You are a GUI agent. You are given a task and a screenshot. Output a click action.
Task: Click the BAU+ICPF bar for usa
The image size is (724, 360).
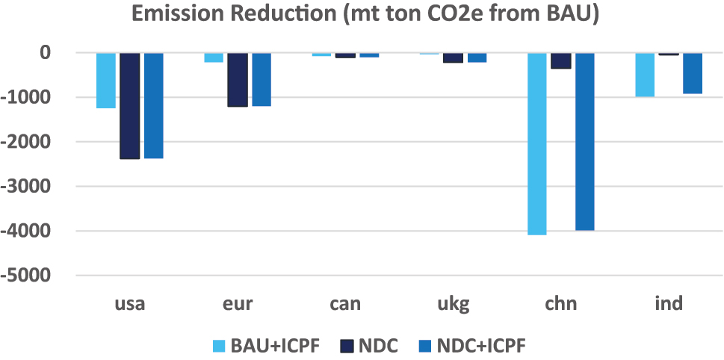pyautogui.click(x=106, y=81)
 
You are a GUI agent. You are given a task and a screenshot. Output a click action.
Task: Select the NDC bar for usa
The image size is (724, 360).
pyautogui.click(x=129, y=106)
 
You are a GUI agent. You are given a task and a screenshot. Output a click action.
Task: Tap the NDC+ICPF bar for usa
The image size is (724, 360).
pyautogui.click(x=154, y=105)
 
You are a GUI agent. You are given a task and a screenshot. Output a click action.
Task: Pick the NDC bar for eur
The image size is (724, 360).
pyautogui.click(x=237, y=80)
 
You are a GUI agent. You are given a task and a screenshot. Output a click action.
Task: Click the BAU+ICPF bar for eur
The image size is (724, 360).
pyautogui.click(x=214, y=58)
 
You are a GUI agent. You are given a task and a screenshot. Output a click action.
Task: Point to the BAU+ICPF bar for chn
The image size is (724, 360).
pyautogui.click(x=537, y=143)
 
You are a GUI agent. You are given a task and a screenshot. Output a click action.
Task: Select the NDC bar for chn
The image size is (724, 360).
pyautogui.click(x=561, y=60)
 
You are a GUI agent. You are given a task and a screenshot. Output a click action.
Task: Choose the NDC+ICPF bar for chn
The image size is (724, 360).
pyautogui.click(x=585, y=141)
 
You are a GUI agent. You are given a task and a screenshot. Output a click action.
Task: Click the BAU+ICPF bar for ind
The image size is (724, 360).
pyautogui.click(x=645, y=75)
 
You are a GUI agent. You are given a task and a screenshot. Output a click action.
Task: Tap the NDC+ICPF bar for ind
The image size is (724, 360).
pyautogui.click(x=693, y=73)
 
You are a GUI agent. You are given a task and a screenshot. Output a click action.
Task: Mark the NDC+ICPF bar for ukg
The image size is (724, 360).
pyautogui.click(x=477, y=58)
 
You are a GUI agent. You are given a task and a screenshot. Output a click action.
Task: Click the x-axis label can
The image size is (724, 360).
pyautogui.click(x=345, y=304)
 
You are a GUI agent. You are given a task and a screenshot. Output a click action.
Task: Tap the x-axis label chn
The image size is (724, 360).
pyautogui.click(x=561, y=304)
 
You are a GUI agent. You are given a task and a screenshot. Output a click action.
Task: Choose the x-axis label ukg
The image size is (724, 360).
pyautogui.click(x=454, y=304)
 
